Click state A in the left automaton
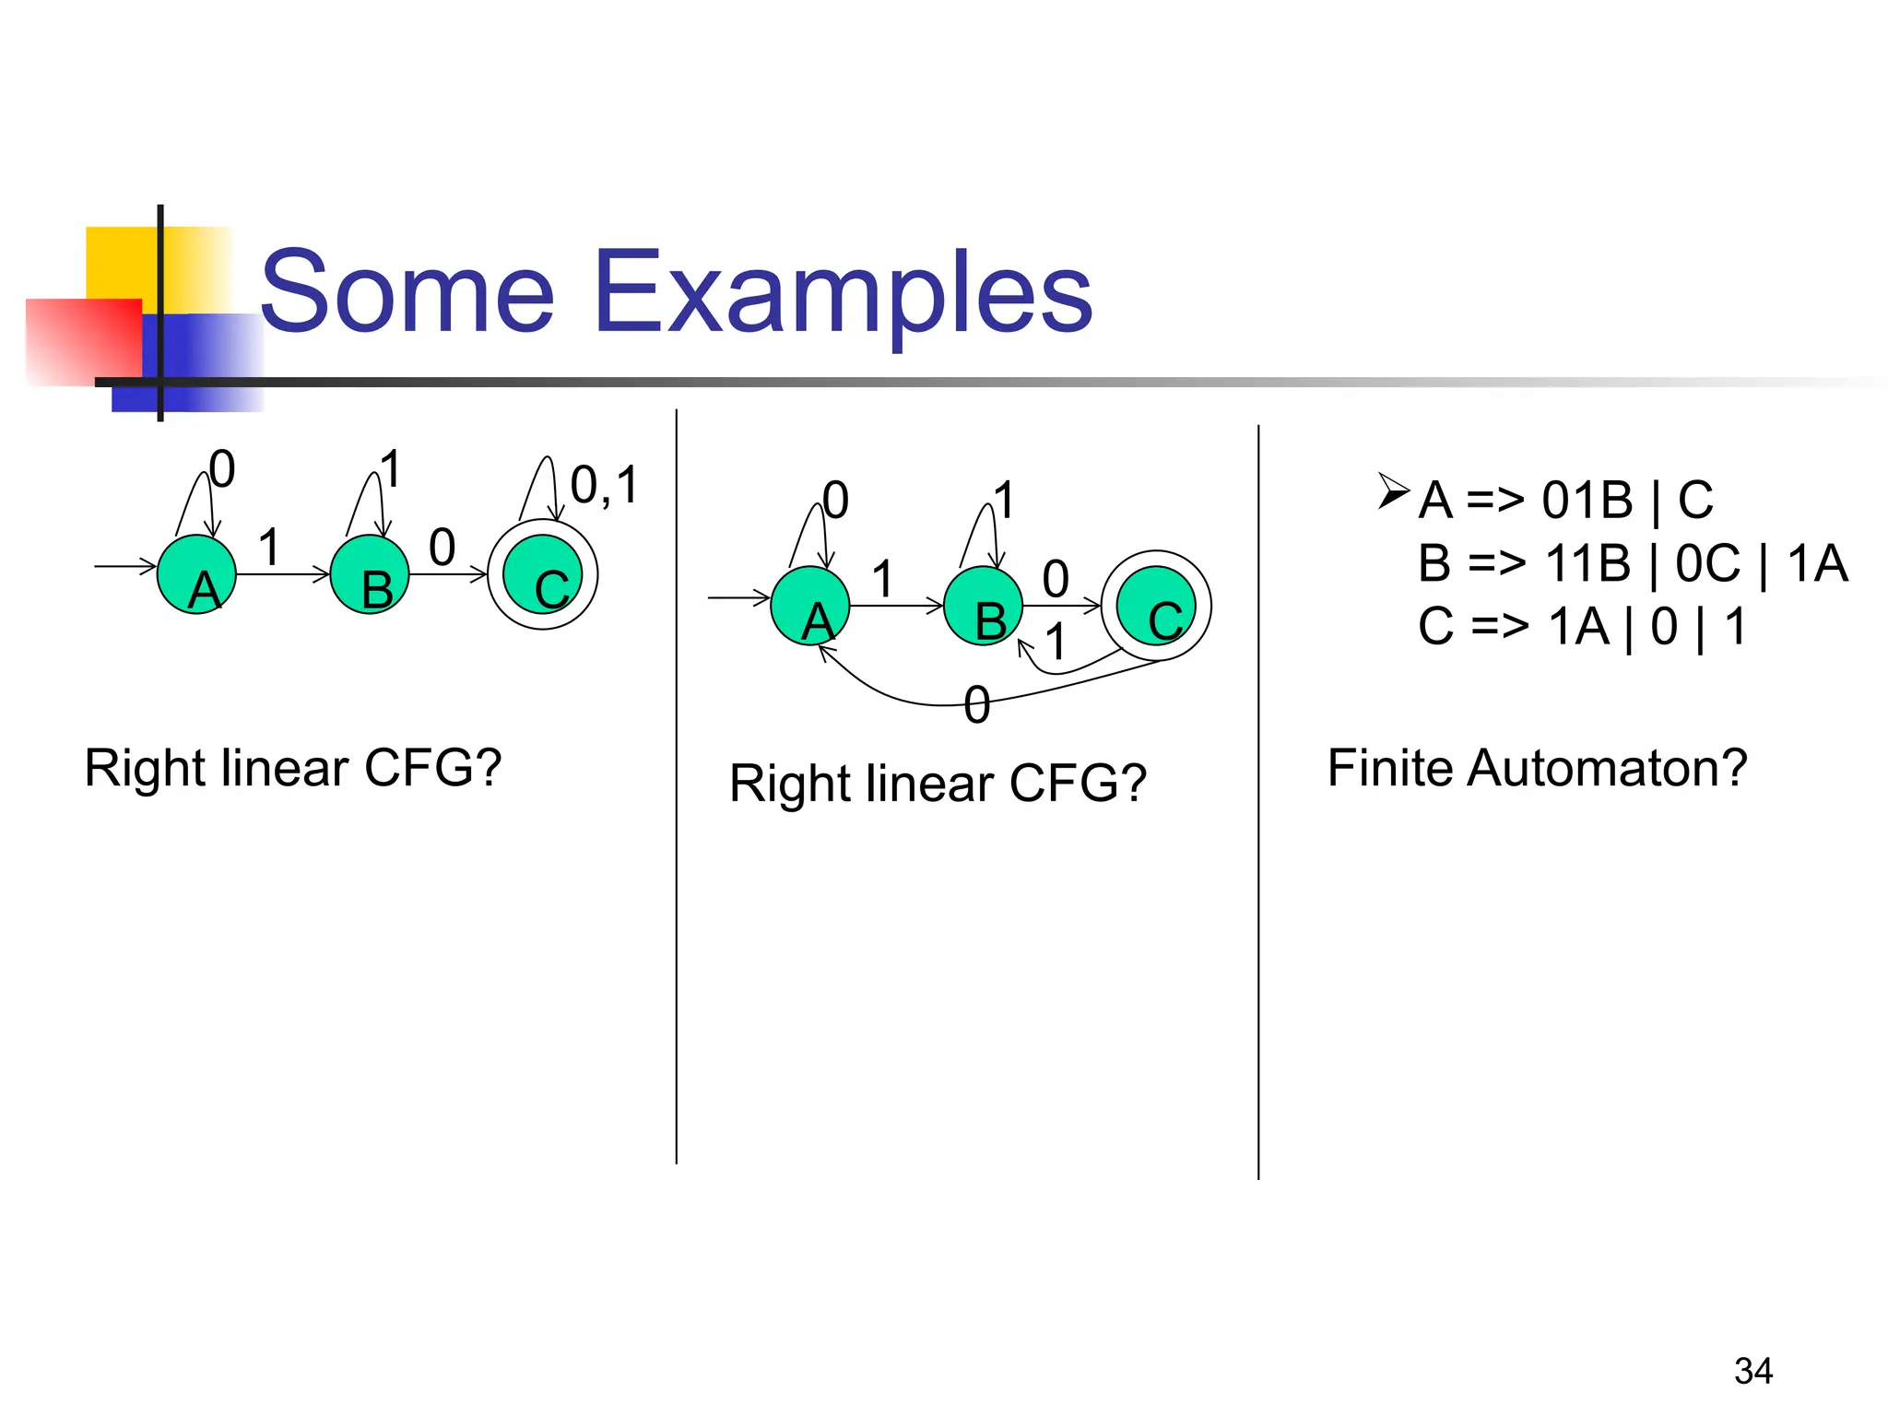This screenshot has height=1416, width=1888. point(196,574)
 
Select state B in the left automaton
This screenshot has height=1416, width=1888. point(369,574)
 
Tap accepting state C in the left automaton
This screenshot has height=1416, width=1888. point(542,574)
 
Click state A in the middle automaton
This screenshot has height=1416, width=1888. point(809,606)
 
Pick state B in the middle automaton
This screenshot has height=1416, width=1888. point(983,606)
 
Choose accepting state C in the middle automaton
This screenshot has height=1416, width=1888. point(1156,606)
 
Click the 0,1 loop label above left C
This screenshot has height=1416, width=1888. point(604,485)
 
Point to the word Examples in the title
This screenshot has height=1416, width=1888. point(843,293)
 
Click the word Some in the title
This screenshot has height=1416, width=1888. point(407,293)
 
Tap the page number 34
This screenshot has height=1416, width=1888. point(1752,1371)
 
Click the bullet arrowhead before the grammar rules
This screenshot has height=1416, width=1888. point(1393,490)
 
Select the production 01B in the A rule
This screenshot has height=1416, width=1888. point(1587,501)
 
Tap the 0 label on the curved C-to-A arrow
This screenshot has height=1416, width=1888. point(976,705)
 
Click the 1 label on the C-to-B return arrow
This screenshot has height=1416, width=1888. point(1056,643)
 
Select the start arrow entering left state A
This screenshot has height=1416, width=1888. point(125,566)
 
